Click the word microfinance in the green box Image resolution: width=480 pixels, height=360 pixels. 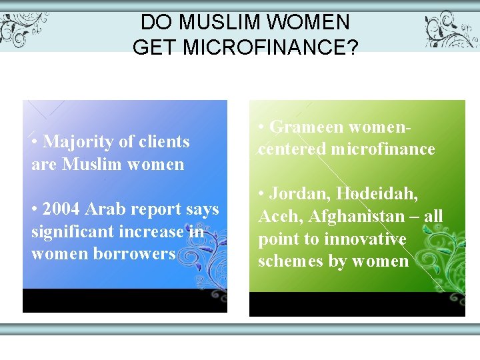[381, 149]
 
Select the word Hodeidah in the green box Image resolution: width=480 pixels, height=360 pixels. [377, 194]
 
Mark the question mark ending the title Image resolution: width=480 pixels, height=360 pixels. [353, 47]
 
